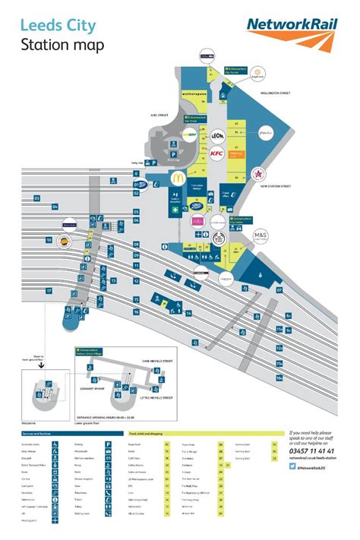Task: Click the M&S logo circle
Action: click(261, 235)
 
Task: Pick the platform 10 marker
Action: click(49, 241)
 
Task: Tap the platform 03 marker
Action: click(36, 199)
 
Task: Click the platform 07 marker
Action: click(279, 289)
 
